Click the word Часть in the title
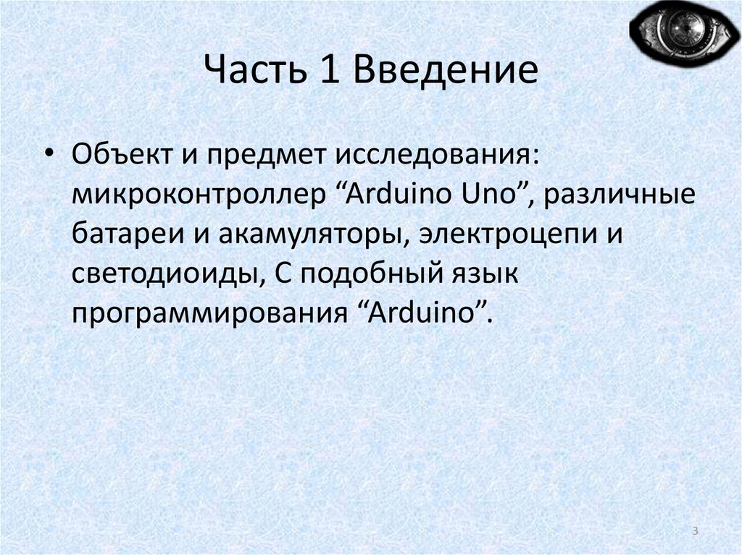click(251, 73)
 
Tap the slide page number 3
click(695, 532)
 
